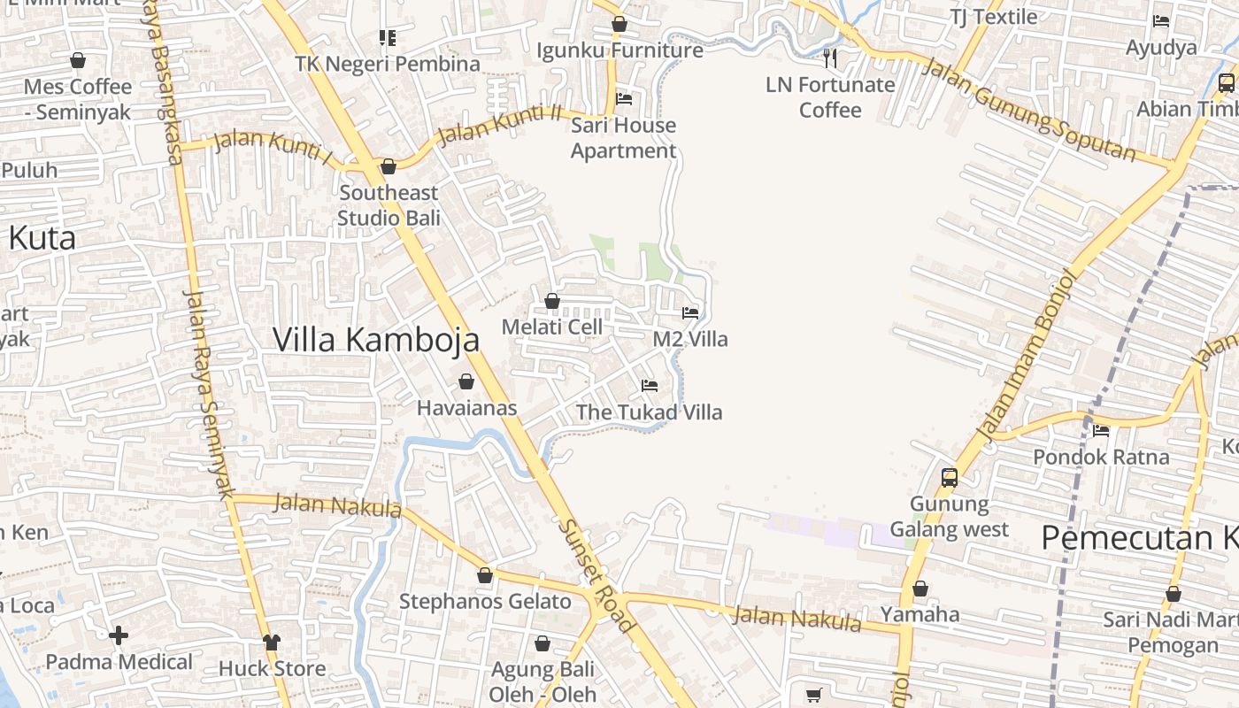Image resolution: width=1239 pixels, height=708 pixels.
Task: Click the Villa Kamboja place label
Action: pyautogui.click(x=376, y=340)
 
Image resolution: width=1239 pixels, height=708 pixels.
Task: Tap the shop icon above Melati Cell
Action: pyautogui.click(x=552, y=302)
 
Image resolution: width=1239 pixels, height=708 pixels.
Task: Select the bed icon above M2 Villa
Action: pyautogui.click(x=690, y=313)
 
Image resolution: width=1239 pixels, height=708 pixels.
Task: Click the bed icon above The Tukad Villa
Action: pyautogui.click(x=650, y=386)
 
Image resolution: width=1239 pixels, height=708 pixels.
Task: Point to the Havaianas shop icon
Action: pyautogui.click(x=466, y=381)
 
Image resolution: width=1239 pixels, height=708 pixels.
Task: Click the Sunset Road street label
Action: pyautogui.click(x=596, y=575)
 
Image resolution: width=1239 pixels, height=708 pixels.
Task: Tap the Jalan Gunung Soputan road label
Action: pyautogui.click(x=1028, y=110)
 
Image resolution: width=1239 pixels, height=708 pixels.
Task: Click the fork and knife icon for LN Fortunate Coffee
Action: pyautogui.click(x=830, y=58)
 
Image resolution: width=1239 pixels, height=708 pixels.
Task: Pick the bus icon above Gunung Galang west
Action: pyautogui.click(x=950, y=478)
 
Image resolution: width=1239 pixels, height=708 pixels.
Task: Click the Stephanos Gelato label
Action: pyautogui.click(x=485, y=602)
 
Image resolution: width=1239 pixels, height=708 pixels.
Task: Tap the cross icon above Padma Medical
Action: pyautogui.click(x=119, y=635)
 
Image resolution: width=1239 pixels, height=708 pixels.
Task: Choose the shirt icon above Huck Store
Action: pyautogui.click(x=272, y=642)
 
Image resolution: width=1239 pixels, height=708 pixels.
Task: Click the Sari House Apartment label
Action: pyautogui.click(x=623, y=138)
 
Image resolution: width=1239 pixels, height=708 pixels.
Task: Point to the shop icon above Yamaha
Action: pyautogui.click(x=920, y=589)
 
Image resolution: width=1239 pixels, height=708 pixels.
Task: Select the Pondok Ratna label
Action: pyautogui.click(x=1101, y=457)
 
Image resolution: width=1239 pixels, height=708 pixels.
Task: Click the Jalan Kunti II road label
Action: pyautogui.click(x=500, y=124)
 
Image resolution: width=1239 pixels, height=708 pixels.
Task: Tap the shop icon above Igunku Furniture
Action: pyautogui.click(x=619, y=24)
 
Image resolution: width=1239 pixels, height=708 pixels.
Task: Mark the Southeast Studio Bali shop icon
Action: pyautogui.click(x=388, y=166)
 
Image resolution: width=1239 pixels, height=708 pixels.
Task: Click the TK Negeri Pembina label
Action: pyautogui.click(x=388, y=64)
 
